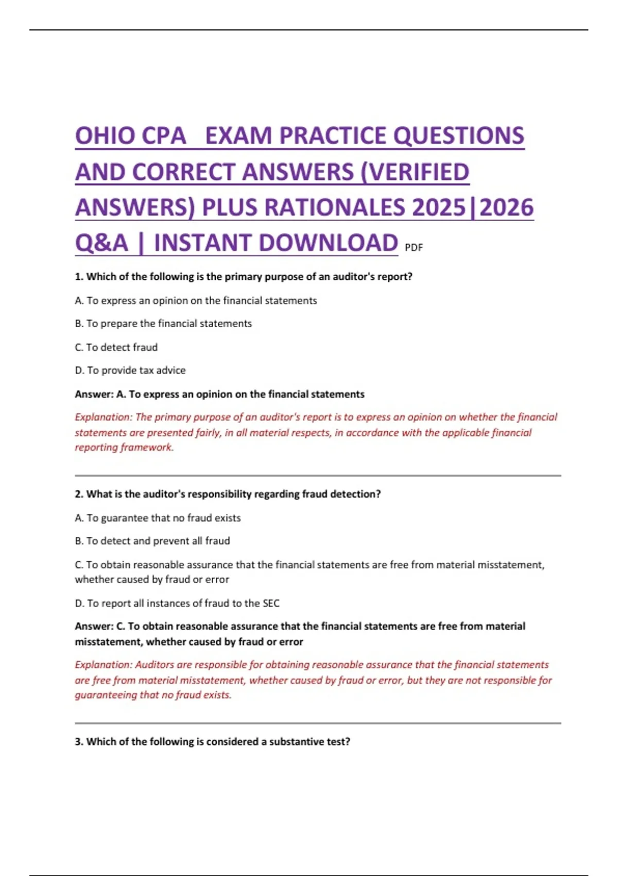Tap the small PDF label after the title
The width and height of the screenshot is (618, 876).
(x=414, y=248)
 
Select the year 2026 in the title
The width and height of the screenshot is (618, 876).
(x=507, y=208)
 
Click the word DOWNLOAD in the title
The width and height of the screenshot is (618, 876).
(x=327, y=243)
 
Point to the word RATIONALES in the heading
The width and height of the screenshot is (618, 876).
(x=303, y=208)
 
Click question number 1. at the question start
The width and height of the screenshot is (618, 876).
(x=79, y=277)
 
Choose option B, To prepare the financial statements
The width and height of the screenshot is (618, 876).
(x=163, y=324)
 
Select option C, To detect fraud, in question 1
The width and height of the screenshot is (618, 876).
(x=116, y=347)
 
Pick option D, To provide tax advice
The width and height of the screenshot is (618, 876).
(x=130, y=370)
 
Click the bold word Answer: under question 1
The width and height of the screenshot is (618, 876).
(x=94, y=394)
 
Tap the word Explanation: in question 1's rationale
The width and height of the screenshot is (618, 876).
(x=104, y=417)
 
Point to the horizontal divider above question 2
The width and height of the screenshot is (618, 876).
(x=318, y=476)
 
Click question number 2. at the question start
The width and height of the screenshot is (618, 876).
(x=79, y=494)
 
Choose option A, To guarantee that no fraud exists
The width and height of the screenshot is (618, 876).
(x=158, y=518)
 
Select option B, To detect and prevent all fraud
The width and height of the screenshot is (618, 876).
(x=152, y=541)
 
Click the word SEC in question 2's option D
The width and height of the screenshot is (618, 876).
(x=271, y=603)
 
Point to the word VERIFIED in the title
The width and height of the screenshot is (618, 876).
(x=418, y=172)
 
